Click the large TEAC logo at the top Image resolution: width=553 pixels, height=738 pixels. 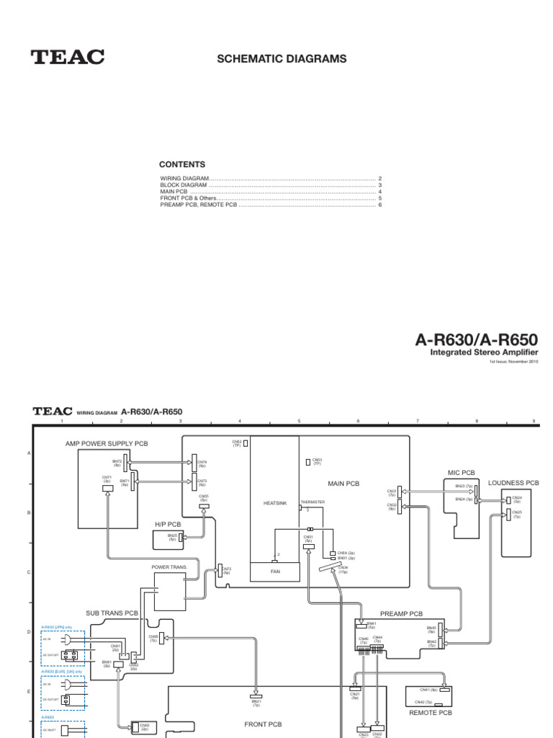coord(68,57)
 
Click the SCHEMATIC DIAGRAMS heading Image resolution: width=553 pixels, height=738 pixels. coord(282,58)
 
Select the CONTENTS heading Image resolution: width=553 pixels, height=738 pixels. coord(182,164)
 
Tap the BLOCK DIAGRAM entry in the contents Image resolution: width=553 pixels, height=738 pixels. coord(184,184)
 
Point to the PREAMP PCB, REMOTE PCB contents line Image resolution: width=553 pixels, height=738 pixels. coord(198,205)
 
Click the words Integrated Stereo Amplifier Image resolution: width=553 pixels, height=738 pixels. coord(484,352)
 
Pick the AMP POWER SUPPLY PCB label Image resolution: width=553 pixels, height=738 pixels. coord(107,444)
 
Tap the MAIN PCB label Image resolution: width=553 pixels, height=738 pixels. coord(343,484)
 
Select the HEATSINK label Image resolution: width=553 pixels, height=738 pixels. coord(275,503)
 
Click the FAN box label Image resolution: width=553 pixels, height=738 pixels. coord(274,571)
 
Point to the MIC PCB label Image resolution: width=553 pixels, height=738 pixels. coord(461,473)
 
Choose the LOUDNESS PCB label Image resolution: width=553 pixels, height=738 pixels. coord(513,483)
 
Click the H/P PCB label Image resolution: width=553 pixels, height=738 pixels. coord(166,524)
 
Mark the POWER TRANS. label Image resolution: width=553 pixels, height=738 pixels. coord(169,567)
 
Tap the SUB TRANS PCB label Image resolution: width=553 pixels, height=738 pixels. coord(112,613)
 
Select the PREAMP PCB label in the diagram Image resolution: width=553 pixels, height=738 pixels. coord(401,614)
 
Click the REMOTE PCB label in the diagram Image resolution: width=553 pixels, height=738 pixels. coord(430,712)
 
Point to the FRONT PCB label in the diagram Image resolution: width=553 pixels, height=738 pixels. coord(263,724)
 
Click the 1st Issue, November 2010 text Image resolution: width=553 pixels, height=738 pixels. coord(513,362)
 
